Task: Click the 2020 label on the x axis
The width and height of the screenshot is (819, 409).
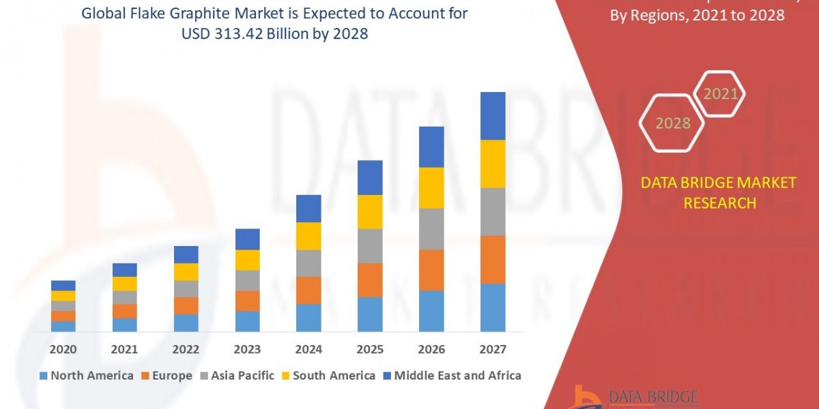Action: point(63,350)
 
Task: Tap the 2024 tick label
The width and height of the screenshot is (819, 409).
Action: point(308,350)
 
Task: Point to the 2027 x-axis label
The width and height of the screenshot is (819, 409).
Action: point(493,350)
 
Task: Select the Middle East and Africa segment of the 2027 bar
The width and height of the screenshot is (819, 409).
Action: point(493,116)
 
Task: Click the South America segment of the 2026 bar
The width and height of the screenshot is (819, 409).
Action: point(431,187)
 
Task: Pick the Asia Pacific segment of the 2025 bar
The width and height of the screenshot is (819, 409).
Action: point(370,245)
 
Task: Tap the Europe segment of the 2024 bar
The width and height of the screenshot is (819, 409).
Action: point(308,290)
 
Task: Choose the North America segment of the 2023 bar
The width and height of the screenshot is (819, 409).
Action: point(248,321)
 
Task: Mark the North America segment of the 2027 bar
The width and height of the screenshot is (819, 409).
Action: point(493,307)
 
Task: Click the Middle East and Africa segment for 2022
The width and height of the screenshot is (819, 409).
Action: point(186,254)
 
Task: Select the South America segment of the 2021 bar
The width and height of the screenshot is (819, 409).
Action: point(125,284)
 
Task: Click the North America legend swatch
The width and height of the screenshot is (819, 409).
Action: point(44,376)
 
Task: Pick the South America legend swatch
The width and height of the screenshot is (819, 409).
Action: point(285,376)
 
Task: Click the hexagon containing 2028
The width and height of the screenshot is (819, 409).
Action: point(672,123)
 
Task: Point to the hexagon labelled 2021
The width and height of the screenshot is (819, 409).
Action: point(721,93)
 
